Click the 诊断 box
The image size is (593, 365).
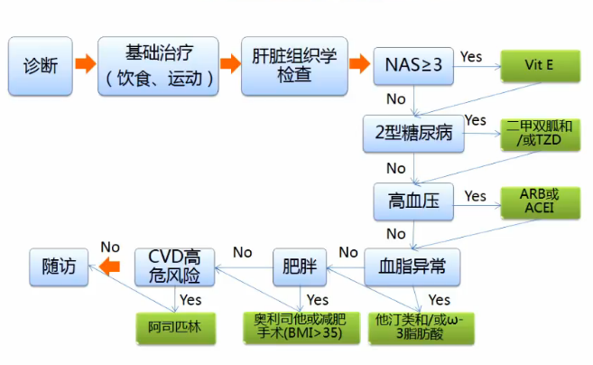pos(42,66)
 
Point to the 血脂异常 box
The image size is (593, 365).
pos(412,267)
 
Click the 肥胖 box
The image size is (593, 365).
pos(299,267)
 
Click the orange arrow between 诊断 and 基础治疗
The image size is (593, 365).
pos(85,65)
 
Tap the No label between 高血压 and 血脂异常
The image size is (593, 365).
pos(396,234)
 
